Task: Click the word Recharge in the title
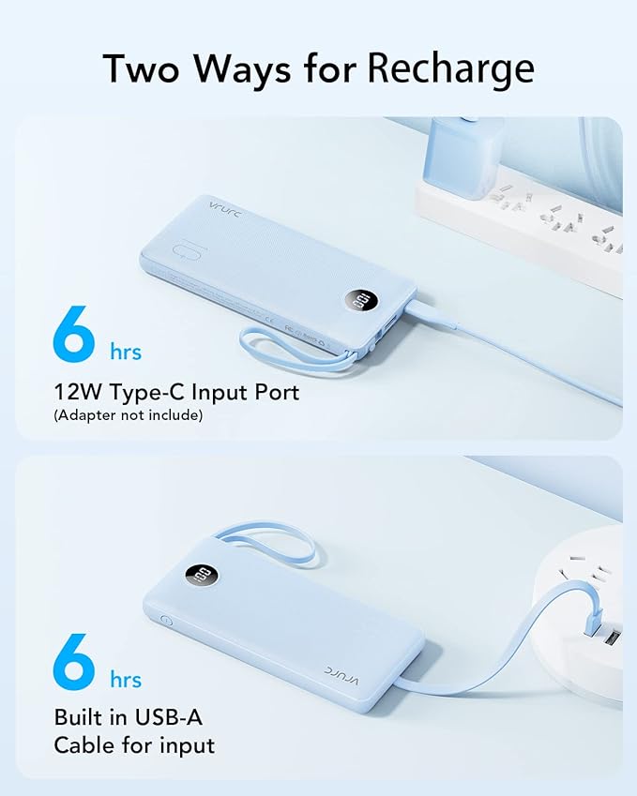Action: (451, 68)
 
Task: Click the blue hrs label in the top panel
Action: (126, 353)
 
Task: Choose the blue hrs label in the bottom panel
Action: (126, 680)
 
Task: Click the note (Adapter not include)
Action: (128, 414)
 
